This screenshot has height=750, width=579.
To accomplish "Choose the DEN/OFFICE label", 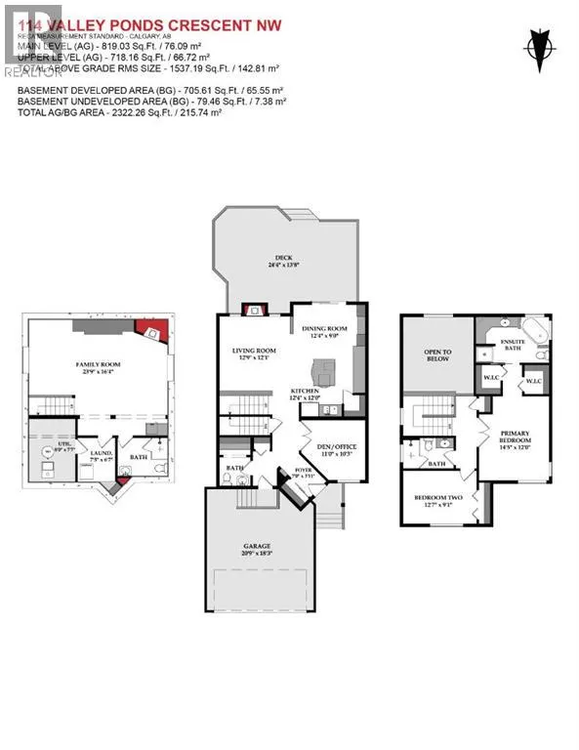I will pos(338,448).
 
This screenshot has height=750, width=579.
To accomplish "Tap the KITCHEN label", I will pos(305,391).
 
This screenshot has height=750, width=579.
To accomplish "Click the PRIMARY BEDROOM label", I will pos(515,437).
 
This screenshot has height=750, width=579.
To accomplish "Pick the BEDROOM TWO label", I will pos(436,500).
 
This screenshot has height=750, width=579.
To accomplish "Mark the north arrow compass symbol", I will pos(538,45).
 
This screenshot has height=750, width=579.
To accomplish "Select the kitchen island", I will pos(321,370).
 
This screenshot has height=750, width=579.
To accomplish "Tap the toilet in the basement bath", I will pos(124,469).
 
